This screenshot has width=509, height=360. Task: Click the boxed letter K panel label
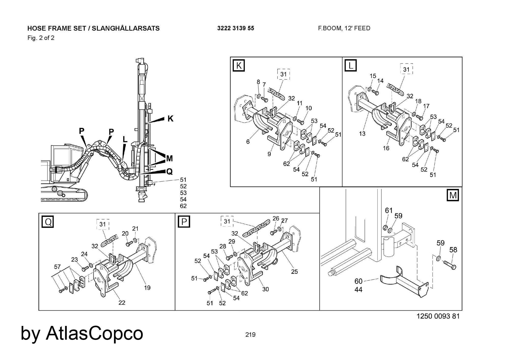pyautogui.click(x=239, y=65)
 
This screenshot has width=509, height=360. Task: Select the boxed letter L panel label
pyautogui.click(x=350, y=65)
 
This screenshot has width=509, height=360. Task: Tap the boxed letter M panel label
pyautogui.click(x=453, y=195)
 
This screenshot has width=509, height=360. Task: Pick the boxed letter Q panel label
pyautogui.click(x=48, y=222)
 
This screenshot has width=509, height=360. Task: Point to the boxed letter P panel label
pyautogui.click(x=184, y=222)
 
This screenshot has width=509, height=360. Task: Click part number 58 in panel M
pyautogui.click(x=453, y=250)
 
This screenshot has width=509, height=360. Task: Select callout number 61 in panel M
pyautogui.click(x=389, y=210)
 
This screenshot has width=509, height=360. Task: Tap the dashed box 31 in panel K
pyautogui.click(x=283, y=74)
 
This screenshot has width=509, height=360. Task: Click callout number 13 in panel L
pyautogui.click(x=362, y=133)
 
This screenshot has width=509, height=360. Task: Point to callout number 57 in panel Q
pyautogui.click(x=57, y=266)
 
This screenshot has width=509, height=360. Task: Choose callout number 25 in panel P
pyautogui.click(x=294, y=271)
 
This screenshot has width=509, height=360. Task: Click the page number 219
pyautogui.click(x=250, y=335)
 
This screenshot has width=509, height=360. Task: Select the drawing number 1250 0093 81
pyautogui.click(x=438, y=316)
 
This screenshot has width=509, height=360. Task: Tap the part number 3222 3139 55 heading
pyautogui.click(x=235, y=28)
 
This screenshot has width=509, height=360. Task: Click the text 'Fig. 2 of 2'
pyautogui.click(x=41, y=38)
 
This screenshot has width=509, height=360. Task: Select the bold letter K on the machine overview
pyautogui.click(x=170, y=119)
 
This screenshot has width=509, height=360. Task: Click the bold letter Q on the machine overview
pyautogui.click(x=169, y=172)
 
